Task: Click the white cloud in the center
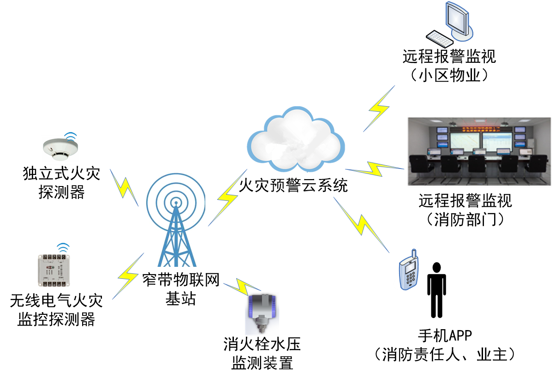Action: click(296, 140)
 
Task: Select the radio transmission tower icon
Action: click(174, 213)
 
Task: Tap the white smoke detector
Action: click(60, 150)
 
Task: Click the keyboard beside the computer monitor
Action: click(440, 39)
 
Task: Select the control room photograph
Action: click(479, 151)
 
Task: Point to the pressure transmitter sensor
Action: click(262, 313)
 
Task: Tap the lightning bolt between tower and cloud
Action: click(227, 198)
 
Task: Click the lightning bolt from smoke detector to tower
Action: click(124, 187)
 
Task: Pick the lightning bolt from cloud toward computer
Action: click(379, 109)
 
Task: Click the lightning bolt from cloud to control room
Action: click(375, 169)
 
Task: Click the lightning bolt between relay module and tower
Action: click(128, 276)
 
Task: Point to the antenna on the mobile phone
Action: click(414, 253)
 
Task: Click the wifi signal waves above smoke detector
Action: click(71, 136)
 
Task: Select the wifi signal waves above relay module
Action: click(63, 247)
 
